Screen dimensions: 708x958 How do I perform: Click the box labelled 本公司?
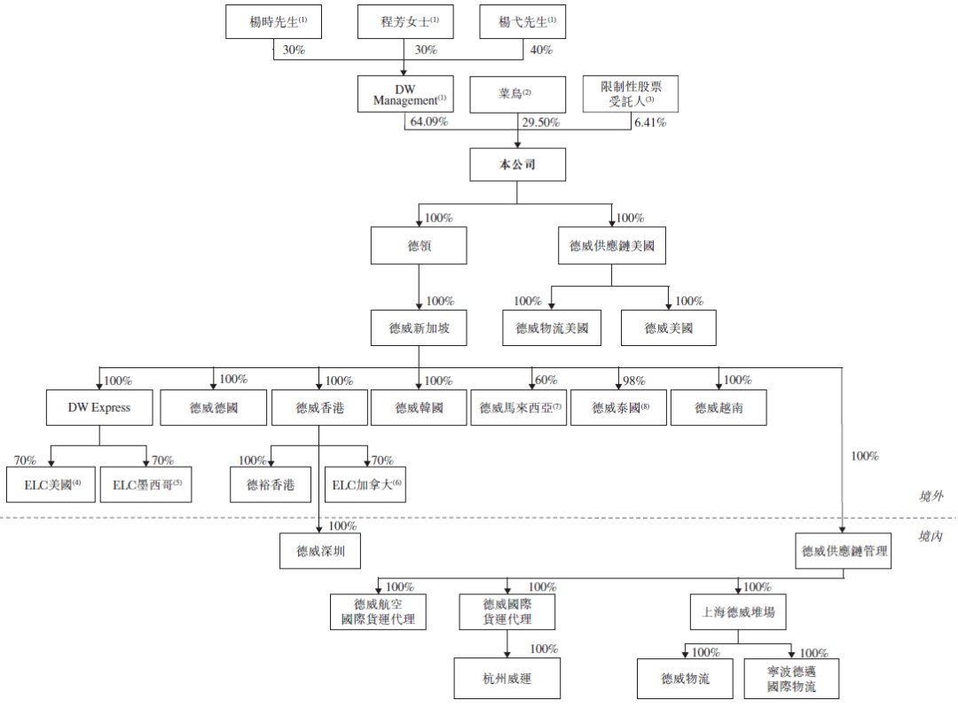coord(518,165)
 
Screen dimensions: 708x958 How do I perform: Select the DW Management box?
coord(405,94)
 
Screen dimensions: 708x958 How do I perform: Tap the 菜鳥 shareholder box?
coord(518,94)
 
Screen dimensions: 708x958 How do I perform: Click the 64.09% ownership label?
coord(428,122)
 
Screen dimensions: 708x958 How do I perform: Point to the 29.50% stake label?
coord(540,122)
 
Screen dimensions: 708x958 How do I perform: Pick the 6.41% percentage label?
coord(649,122)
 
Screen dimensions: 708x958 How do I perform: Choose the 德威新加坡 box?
coord(419,328)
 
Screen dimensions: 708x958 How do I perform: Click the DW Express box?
coord(98,407)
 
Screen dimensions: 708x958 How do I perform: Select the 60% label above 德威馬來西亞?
coord(545,381)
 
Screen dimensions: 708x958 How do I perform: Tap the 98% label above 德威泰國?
coord(633,381)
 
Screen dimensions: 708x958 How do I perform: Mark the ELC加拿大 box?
coord(365,484)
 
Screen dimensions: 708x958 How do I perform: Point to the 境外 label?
coord(931,496)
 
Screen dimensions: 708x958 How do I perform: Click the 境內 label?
coord(931,537)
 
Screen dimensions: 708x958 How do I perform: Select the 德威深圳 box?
coord(320,551)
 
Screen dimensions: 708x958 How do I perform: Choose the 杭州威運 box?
coord(507,679)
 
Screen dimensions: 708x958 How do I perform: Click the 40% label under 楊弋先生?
coord(541,51)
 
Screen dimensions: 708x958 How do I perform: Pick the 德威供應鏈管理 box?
coord(843,551)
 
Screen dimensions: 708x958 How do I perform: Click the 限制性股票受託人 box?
coord(630,94)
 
